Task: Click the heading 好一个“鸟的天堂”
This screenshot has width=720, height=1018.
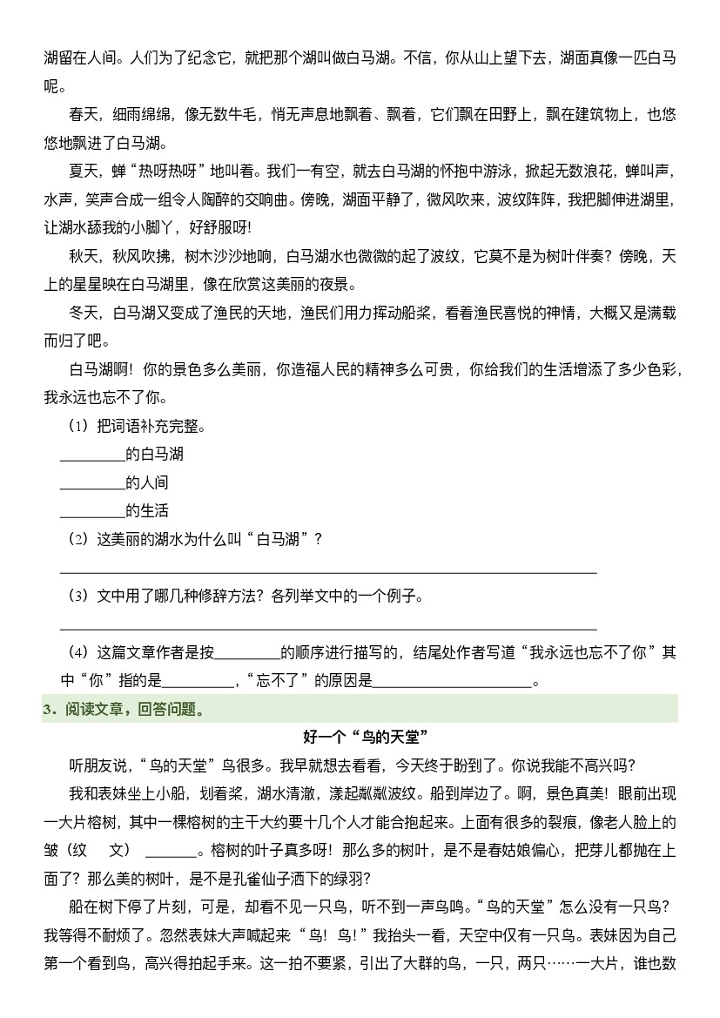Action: pos(360,738)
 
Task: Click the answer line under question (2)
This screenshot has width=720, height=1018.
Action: pos(327,571)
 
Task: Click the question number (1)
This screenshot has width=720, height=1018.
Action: pos(78,427)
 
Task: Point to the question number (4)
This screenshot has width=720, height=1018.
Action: pos(78,652)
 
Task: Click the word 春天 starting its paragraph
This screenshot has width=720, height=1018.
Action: pos(84,114)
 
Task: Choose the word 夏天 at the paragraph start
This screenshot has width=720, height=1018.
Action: pos(84,172)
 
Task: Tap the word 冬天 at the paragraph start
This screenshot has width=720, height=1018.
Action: pos(84,313)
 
